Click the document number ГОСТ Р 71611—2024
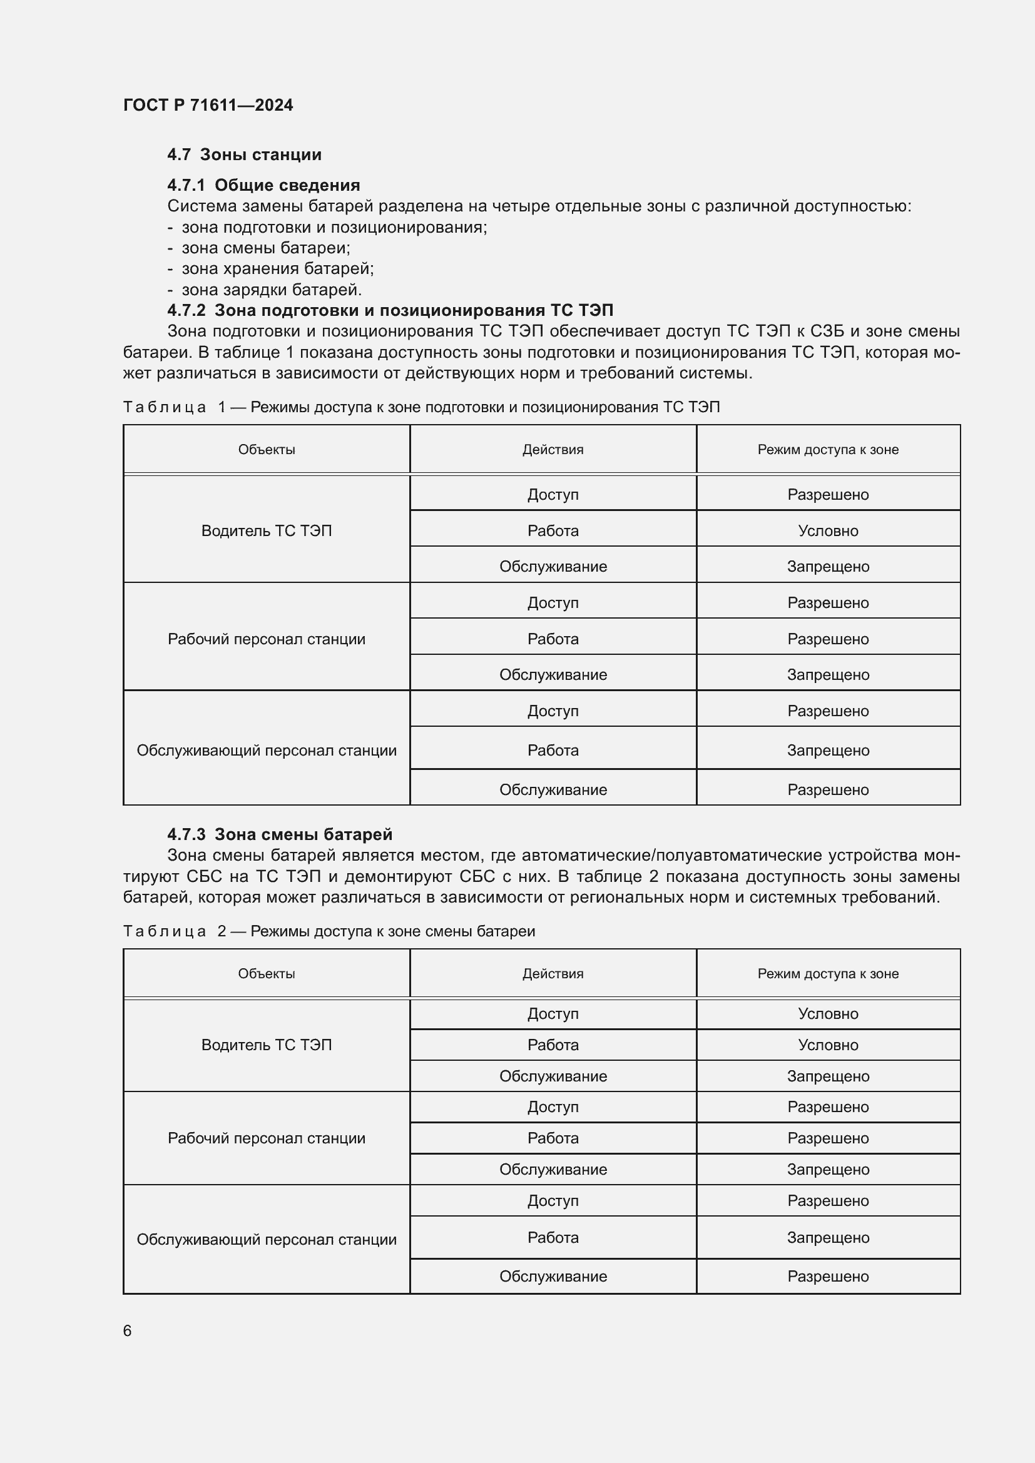click(208, 105)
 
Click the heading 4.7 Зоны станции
click(244, 155)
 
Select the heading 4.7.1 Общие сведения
click(263, 185)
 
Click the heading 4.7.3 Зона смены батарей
click(279, 835)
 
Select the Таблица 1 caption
click(421, 407)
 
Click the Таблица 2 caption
click(329, 931)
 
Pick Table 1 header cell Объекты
click(267, 450)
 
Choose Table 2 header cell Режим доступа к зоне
click(827, 974)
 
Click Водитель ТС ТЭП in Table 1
click(267, 531)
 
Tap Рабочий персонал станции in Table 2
click(267, 1138)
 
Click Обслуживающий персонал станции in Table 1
click(267, 751)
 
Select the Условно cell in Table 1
click(827, 531)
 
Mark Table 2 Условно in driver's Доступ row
click(827, 1014)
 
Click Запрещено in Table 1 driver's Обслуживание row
click(827, 567)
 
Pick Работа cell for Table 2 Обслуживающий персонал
click(553, 1237)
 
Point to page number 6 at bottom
click(128, 1331)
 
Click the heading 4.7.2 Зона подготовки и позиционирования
click(390, 310)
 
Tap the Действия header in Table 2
click(553, 974)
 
